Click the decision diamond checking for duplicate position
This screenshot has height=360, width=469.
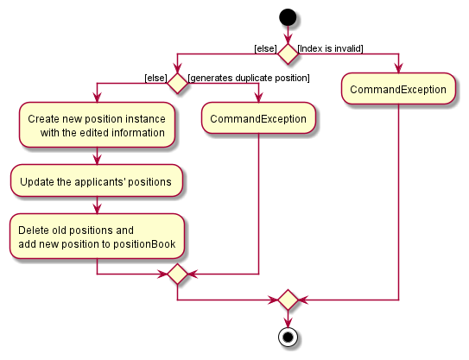[177, 84]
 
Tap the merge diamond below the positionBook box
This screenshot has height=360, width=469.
[177, 275]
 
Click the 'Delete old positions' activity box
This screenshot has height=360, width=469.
[97, 237]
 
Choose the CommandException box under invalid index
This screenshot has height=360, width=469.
[398, 89]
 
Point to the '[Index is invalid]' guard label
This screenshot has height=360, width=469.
[331, 47]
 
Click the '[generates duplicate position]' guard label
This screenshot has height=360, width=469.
[249, 78]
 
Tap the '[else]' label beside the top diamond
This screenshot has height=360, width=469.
[264, 47]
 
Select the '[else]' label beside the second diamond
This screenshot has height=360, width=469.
[155, 78]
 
